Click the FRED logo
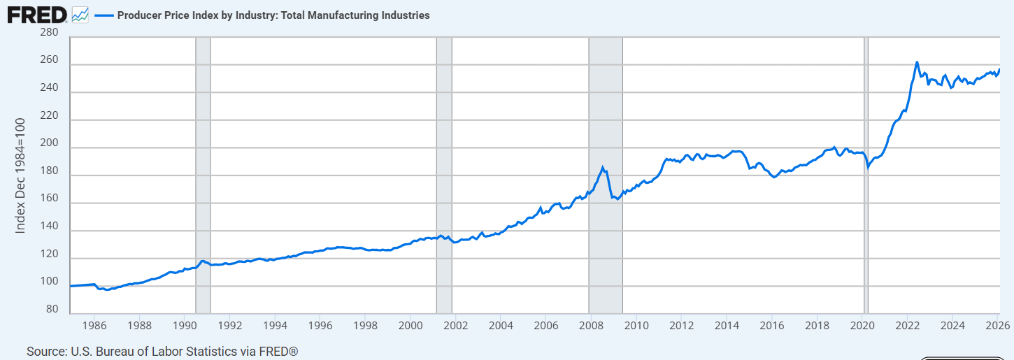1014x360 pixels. point(36,14)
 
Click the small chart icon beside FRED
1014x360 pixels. point(80,14)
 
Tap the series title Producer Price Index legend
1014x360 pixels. point(273,15)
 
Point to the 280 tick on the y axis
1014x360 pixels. point(49,32)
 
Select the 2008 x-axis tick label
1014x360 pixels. point(591,325)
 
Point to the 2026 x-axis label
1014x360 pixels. point(997,325)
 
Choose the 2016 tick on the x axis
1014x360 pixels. point(771,325)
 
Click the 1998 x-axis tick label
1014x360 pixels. point(365,325)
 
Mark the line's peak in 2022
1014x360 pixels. point(917,62)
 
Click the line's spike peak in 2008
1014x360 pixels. point(603,166)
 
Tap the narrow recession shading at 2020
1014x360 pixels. point(866,175)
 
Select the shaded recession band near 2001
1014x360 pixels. point(444,175)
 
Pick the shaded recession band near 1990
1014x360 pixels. point(203,175)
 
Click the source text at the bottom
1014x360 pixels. point(162,351)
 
